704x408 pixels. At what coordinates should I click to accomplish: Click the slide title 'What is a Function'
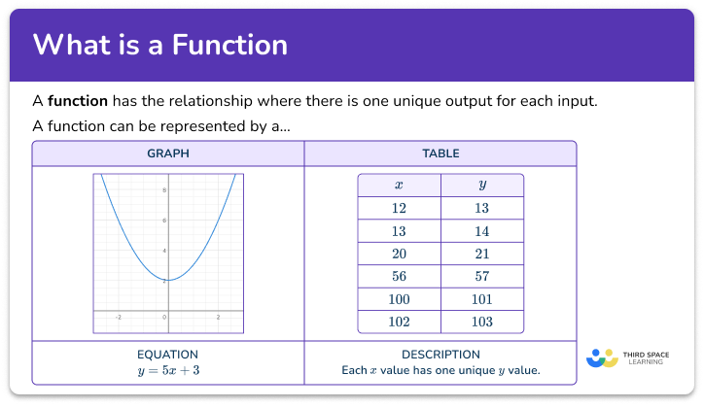click(x=160, y=46)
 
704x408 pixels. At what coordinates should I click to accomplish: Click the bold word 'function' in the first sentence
click(x=78, y=101)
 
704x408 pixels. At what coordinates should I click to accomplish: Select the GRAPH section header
click(x=168, y=153)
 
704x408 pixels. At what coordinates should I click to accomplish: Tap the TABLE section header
click(x=440, y=153)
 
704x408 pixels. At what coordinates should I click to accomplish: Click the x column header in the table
click(x=400, y=185)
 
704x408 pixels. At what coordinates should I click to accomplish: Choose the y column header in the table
click(x=482, y=185)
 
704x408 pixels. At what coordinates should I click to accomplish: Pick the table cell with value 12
click(x=400, y=208)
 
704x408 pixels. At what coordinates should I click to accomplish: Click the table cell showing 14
click(x=482, y=230)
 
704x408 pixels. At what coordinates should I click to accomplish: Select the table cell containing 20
click(x=400, y=253)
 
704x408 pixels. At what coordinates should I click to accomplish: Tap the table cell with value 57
click(x=482, y=276)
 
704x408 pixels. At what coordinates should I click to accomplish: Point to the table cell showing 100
click(x=400, y=298)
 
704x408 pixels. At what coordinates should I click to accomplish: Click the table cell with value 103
click(x=482, y=322)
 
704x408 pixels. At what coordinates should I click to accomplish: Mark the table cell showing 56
click(x=400, y=276)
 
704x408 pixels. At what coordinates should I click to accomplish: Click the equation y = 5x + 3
click(x=168, y=371)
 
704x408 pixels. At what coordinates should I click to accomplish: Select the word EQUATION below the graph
click(x=168, y=355)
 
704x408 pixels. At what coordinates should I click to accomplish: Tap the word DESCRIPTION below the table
click(x=440, y=355)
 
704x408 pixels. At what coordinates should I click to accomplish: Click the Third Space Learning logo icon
click(x=603, y=357)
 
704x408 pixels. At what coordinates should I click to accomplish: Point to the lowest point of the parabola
click(x=167, y=280)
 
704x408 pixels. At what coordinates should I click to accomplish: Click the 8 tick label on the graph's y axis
click(x=162, y=190)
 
